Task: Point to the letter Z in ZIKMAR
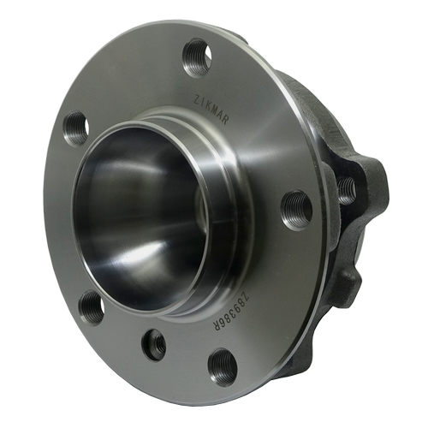pos(193,96)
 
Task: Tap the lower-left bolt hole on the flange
pos(91,306)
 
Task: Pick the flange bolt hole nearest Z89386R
pos(223,364)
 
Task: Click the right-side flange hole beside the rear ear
pos(296,207)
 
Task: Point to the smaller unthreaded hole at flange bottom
pos(154,344)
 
